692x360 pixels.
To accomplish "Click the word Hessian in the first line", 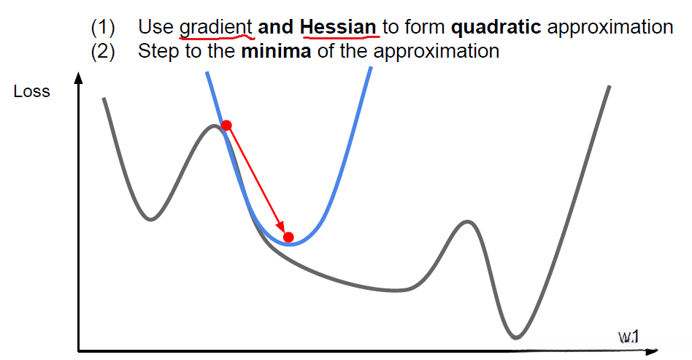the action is tap(338, 27).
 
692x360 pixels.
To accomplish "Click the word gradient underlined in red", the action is tap(215, 28).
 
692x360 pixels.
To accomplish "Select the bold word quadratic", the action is tap(496, 28).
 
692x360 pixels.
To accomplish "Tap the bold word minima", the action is tap(276, 51).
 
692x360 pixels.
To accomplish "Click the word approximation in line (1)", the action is tap(610, 28).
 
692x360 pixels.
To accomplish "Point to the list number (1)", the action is tap(102, 28).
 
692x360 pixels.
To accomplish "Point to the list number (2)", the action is tap(102, 52).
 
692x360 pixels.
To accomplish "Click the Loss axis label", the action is tap(32, 91).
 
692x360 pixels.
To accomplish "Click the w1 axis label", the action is tap(628, 337).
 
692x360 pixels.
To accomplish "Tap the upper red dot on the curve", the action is tap(226, 126).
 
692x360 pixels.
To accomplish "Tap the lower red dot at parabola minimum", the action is tap(288, 237).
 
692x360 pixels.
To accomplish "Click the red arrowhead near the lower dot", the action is tap(279, 226).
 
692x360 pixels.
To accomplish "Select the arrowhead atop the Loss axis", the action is tap(79, 77).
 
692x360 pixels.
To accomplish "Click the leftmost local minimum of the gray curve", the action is tap(151, 219).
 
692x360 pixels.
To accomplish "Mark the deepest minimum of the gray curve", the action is tap(516, 338).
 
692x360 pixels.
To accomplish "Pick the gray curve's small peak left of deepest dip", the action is tap(467, 221).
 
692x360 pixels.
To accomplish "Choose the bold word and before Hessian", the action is tap(276, 28).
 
